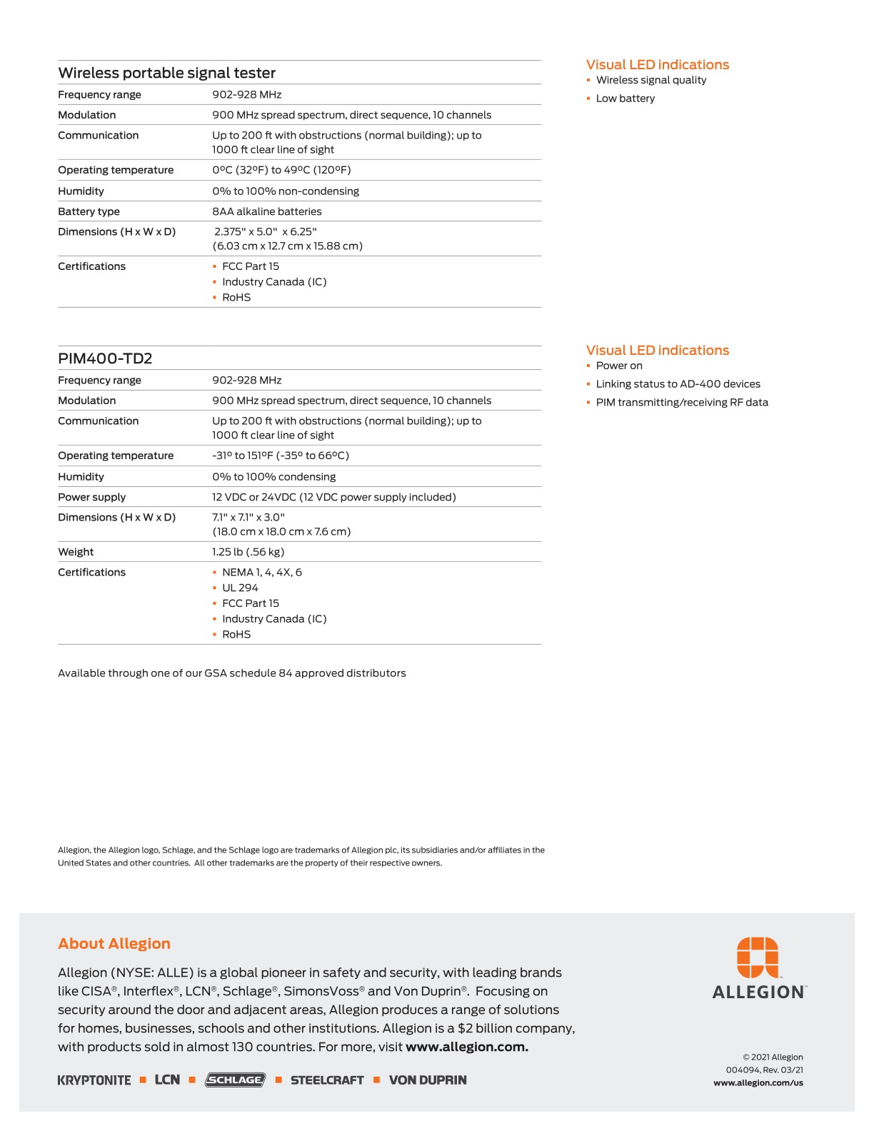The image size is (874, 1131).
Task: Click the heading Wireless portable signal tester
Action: tap(166, 73)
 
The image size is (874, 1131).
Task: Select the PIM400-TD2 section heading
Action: tap(105, 358)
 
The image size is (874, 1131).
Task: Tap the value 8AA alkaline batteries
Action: tap(266, 211)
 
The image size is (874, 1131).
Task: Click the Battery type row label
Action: tap(89, 211)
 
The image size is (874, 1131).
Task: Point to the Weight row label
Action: tap(76, 552)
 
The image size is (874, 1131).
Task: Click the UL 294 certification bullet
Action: tap(240, 588)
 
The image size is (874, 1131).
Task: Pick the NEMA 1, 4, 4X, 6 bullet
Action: tap(261, 572)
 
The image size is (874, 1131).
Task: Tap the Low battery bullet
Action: tap(625, 99)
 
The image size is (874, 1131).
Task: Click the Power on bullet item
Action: tap(619, 366)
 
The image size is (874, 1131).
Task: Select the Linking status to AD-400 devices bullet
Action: tap(678, 384)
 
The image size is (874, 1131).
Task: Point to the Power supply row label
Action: tap(91, 497)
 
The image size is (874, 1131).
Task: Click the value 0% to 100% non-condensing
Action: tap(285, 191)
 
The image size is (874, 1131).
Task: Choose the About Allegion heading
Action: tap(114, 944)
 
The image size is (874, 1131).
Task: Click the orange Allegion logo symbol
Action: tap(758, 957)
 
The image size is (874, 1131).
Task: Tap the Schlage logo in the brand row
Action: tap(235, 1080)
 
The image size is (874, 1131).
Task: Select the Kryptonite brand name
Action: tap(94, 1080)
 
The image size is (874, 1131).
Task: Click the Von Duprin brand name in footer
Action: tap(428, 1080)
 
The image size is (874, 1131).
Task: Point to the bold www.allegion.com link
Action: tap(467, 1047)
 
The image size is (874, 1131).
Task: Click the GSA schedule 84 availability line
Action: tap(231, 673)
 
